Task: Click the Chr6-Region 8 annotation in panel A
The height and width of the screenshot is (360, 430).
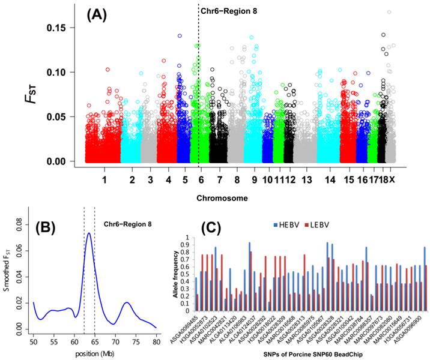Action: coord(229,10)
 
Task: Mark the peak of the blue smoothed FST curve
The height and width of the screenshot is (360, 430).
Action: coord(89,233)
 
